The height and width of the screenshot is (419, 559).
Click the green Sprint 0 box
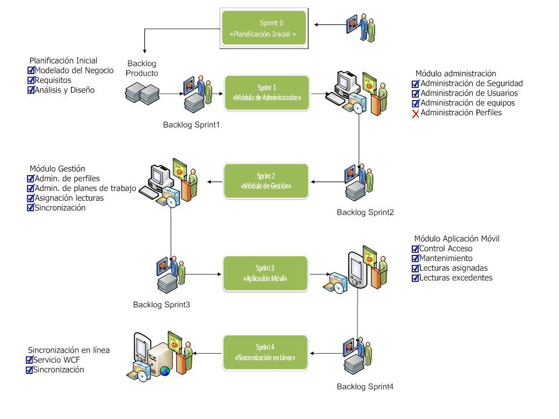(x=264, y=28)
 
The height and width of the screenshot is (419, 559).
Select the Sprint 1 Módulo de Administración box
(x=267, y=93)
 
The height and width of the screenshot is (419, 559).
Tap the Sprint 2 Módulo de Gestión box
(x=266, y=181)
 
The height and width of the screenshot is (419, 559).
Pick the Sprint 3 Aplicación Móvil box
(x=266, y=274)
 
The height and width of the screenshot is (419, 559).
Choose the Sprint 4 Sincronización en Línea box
(x=265, y=353)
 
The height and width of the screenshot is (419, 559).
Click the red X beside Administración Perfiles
(x=415, y=114)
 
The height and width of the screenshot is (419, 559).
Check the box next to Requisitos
(x=31, y=80)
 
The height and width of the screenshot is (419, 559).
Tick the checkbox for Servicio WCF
(x=30, y=360)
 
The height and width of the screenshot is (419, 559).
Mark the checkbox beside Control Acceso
(x=415, y=248)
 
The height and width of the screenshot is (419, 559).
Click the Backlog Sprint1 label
(x=192, y=125)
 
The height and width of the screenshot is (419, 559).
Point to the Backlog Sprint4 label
(x=365, y=386)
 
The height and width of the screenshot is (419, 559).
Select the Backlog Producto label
(x=142, y=69)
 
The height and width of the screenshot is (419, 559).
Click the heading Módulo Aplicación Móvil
(x=457, y=239)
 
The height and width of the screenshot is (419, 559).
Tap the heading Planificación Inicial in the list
(x=63, y=61)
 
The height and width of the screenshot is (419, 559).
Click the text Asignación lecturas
(x=69, y=198)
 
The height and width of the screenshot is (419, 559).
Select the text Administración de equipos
(x=468, y=103)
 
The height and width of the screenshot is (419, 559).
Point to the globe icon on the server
(x=165, y=371)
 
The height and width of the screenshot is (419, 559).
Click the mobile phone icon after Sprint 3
(x=357, y=270)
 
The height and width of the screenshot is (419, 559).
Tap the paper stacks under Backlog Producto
(x=142, y=93)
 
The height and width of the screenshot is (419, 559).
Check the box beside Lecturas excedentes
(x=415, y=278)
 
